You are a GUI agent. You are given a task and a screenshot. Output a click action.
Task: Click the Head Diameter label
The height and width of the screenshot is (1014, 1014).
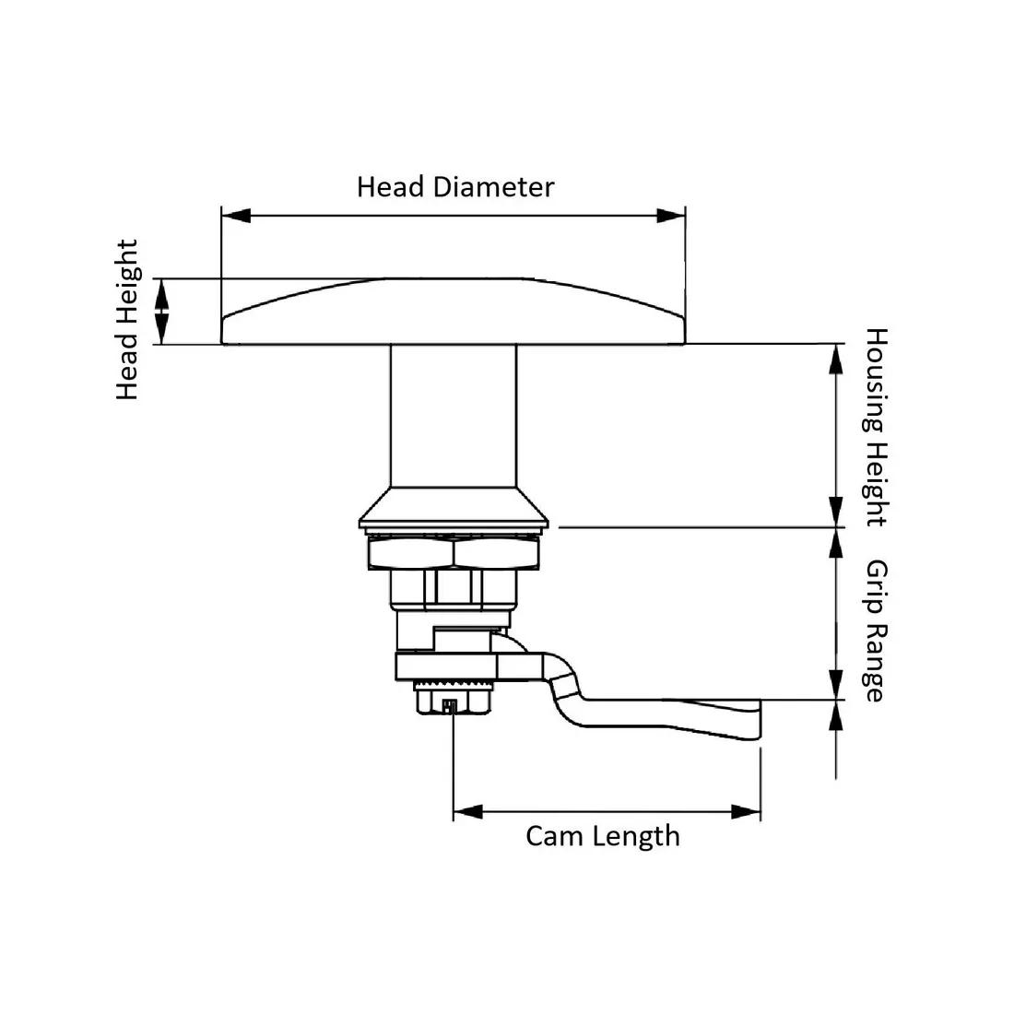[x=455, y=187]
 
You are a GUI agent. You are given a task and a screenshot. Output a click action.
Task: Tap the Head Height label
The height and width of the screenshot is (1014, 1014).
[x=127, y=320]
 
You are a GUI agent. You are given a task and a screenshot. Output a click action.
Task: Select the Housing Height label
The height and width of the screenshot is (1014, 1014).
[x=874, y=427]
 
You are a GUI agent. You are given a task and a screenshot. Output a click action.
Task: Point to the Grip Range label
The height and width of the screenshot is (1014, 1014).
[x=874, y=631]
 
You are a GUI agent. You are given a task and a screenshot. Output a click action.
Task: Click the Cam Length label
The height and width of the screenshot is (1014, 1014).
[x=603, y=836]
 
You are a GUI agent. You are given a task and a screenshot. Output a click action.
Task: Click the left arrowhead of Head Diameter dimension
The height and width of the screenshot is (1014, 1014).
[x=236, y=216]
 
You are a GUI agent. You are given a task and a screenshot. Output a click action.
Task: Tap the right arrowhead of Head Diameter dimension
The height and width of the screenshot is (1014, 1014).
[x=670, y=216]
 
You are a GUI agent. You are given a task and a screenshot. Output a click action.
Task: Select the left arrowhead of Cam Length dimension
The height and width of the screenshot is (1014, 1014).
[x=468, y=812]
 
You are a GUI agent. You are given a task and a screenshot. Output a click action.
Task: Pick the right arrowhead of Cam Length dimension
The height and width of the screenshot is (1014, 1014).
[x=746, y=812]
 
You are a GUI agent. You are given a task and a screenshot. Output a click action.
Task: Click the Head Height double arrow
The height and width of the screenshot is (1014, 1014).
[x=162, y=312]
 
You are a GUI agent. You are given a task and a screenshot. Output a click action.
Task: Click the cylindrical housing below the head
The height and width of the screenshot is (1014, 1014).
[x=453, y=415]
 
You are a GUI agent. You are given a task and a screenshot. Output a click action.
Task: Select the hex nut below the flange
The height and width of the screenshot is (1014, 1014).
[x=453, y=553]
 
